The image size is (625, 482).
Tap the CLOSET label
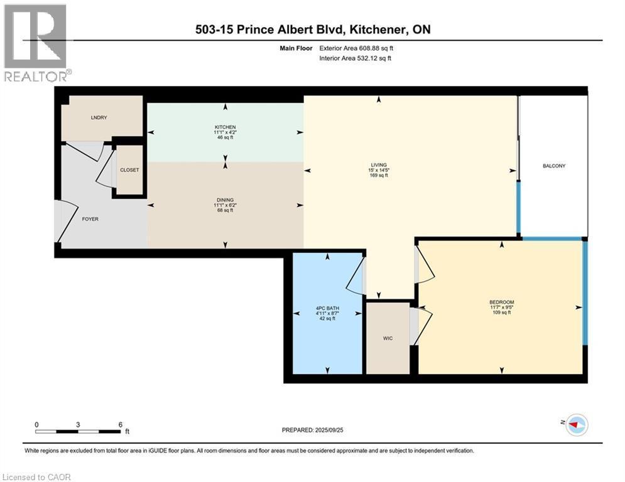point(129,170)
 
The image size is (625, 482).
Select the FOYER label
point(90,219)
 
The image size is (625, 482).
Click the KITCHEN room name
point(225,127)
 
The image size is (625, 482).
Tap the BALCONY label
point(554,166)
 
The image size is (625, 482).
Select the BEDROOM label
point(501,303)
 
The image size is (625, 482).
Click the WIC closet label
point(388,339)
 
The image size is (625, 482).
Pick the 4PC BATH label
point(325,308)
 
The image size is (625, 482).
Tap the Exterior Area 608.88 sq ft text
point(357,48)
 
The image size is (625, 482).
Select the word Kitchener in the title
point(371,29)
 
